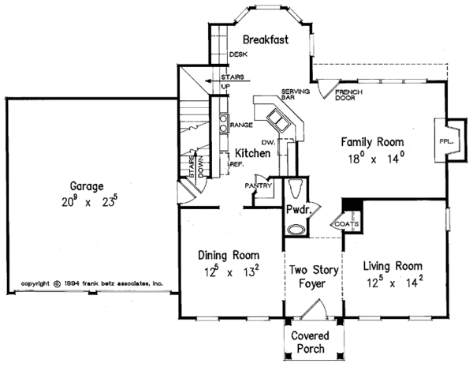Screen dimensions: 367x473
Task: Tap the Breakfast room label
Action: [x=263, y=39]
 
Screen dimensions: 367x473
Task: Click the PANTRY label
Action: [x=259, y=186]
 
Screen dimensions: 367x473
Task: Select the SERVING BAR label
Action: [x=294, y=95]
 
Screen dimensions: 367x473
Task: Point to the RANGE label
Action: [x=240, y=125]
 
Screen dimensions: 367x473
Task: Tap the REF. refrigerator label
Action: [x=235, y=164]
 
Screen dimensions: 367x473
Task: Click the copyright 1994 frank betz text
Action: [x=91, y=282]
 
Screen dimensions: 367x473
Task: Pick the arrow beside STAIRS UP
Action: [x=209, y=80]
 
